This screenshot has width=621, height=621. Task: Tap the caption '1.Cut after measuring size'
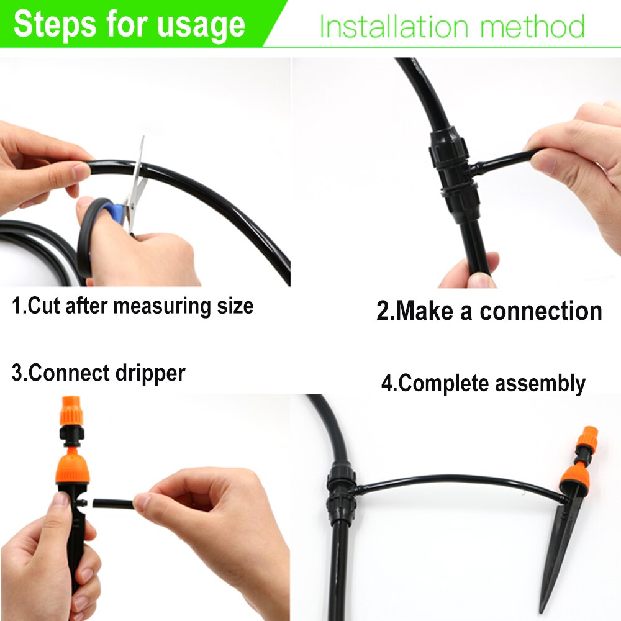click(133, 306)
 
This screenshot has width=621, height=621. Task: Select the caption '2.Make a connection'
click(489, 311)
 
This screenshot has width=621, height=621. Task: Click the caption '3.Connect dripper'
click(98, 373)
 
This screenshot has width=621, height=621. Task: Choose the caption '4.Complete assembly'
click(483, 383)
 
